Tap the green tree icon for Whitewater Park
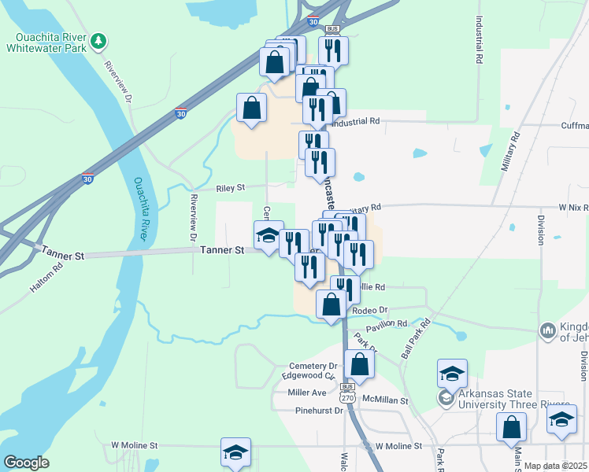click(x=98, y=40)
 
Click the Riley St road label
click(x=231, y=188)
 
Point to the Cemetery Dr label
click(x=313, y=366)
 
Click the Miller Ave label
click(x=307, y=392)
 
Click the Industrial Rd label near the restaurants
click(x=356, y=122)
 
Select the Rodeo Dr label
click(x=371, y=310)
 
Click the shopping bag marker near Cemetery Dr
click(x=359, y=364)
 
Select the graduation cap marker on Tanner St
click(x=269, y=235)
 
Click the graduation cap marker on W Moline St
click(x=235, y=452)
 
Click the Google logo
click(x=26, y=462)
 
